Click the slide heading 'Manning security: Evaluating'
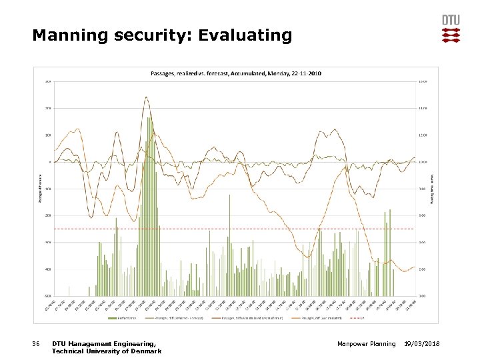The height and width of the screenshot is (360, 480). [x=162, y=35]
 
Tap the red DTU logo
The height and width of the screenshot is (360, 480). [x=451, y=29]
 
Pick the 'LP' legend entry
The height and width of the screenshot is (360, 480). [x=381, y=318]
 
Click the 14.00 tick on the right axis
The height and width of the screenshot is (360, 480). [x=422, y=108]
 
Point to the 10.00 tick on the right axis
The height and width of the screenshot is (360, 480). [x=422, y=162]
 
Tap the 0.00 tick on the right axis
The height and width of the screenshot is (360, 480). [x=422, y=295]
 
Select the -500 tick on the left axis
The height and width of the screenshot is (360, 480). [x=48, y=295]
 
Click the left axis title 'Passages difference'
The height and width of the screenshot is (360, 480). [x=38, y=187]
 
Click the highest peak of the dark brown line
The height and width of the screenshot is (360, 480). [x=146, y=97]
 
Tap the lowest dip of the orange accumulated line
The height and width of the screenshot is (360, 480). [x=307, y=257]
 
